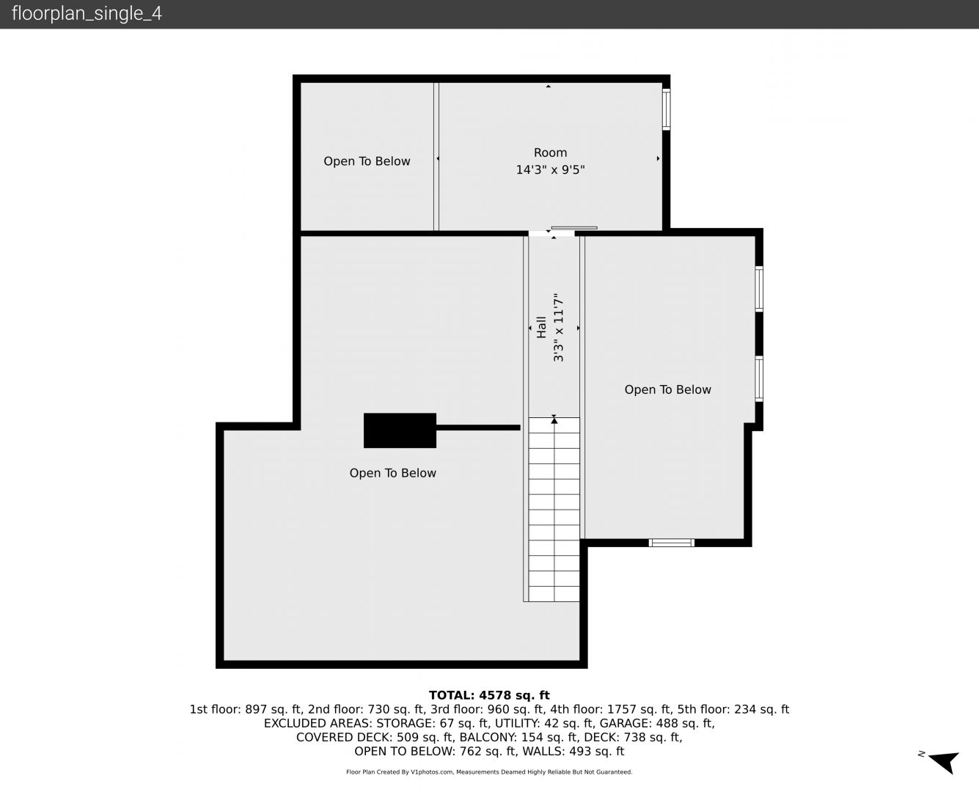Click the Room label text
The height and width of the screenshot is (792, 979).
550,153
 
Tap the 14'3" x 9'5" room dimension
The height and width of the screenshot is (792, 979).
550,170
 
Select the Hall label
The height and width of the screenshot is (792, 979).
541,327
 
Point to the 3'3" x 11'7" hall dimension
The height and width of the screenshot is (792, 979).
558,327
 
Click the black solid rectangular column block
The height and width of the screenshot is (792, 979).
400,430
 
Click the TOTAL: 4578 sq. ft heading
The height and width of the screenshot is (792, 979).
489,695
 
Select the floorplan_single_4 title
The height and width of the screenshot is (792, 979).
87,14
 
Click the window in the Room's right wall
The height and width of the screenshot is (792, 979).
666,109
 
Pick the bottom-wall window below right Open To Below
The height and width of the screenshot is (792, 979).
672,543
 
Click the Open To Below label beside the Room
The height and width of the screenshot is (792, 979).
367,161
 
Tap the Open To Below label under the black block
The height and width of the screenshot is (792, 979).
392,473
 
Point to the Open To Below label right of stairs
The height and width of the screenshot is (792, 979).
667,390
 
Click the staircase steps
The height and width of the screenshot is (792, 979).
554,510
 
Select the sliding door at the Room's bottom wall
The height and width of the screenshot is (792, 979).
574,227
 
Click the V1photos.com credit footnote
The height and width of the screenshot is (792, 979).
489,772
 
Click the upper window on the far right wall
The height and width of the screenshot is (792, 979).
759,289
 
